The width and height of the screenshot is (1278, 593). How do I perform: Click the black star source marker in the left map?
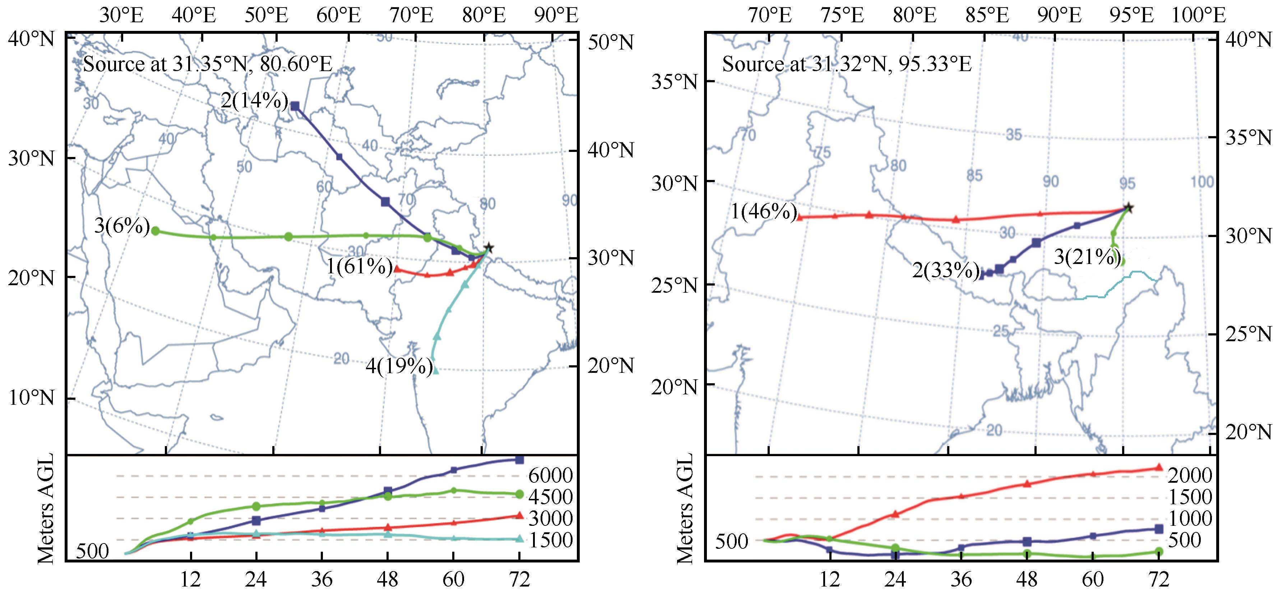(x=488, y=247)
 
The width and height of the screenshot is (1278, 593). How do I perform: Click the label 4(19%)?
(x=399, y=367)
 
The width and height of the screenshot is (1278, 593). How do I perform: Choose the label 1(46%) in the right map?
(x=764, y=212)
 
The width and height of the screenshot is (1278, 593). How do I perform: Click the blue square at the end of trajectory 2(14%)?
(x=295, y=106)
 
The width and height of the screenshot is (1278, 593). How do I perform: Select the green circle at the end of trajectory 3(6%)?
(x=155, y=231)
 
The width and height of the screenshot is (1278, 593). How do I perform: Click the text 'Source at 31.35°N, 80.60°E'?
(x=207, y=65)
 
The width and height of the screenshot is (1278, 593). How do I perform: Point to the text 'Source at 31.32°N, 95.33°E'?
(x=846, y=65)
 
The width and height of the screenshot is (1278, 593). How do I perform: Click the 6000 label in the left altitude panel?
(x=551, y=476)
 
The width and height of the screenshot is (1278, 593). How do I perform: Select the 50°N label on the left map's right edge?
(x=610, y=43)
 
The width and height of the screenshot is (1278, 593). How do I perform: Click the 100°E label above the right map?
(x=1198, y=15)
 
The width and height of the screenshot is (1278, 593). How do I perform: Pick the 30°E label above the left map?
(x=121, y=15)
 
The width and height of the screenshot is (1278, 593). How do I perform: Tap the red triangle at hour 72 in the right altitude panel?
(x=1159, y=467)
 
